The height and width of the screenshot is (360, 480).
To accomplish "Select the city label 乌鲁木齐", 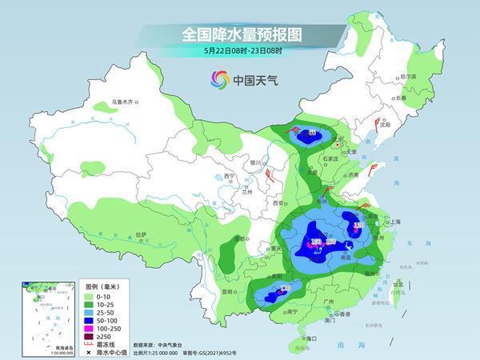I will pyautogui.click(x=126, y=102).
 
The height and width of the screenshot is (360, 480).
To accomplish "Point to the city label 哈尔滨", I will pyautogui.click(x=408, y=77).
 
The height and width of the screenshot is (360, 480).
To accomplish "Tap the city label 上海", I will pyautogui.click(x=393, y=222).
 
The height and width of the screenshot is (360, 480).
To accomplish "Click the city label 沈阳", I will pyautogui.click(x=386, y=125).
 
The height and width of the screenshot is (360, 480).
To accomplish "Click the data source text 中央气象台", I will pyautogui.click(x=172, y=343).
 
